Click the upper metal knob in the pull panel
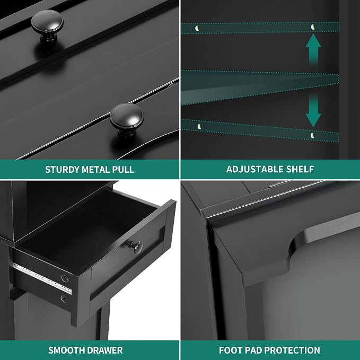tap(47, 25)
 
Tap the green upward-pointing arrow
tap(313, 50)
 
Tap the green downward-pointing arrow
tap(313, 111)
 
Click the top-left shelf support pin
tap(197, 29)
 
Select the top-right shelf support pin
tap(312, 27)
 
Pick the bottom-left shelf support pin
tap(199, 126)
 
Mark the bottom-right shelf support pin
tap(312, 135)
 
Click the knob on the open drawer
tap(135, 246)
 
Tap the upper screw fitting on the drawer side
tap(65, 279)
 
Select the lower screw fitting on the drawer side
tap(64, 298)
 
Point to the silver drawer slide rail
tap(42, 278)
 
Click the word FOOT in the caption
tap(231, 350)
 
